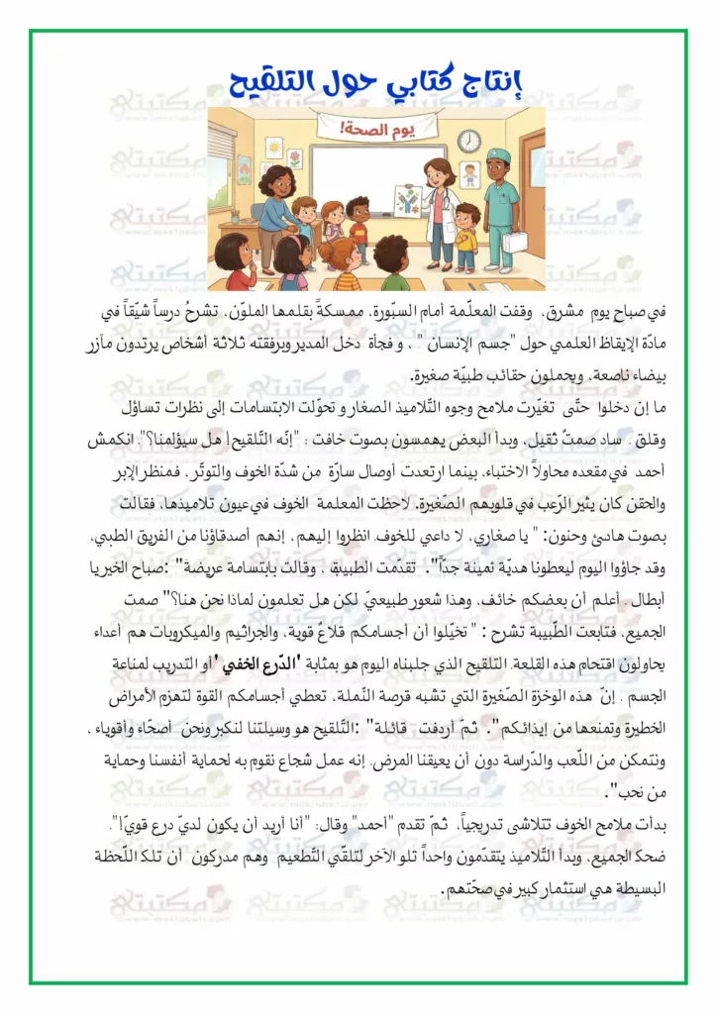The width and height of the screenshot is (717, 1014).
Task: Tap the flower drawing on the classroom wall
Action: click(x=295, y=158)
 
